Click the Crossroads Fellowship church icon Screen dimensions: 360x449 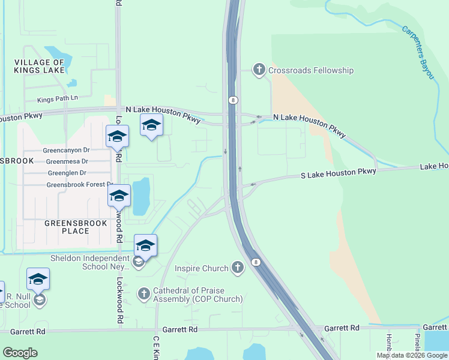259,70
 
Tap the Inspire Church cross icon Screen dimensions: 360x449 238,268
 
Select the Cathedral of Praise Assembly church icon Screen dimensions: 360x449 143,294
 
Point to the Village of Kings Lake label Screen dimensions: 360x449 39,66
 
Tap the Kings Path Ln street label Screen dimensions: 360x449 58,98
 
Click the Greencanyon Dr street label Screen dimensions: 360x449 66,150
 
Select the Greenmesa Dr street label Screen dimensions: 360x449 67,161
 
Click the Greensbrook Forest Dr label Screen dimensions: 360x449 80,185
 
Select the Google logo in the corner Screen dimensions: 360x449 20,353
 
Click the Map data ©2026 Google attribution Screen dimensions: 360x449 412,355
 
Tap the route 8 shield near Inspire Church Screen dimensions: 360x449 256,262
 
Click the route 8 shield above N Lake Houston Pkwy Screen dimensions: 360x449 232,100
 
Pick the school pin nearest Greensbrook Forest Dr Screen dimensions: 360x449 119,196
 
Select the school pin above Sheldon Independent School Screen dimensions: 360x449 145,245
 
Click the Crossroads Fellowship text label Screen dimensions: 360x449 311,70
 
